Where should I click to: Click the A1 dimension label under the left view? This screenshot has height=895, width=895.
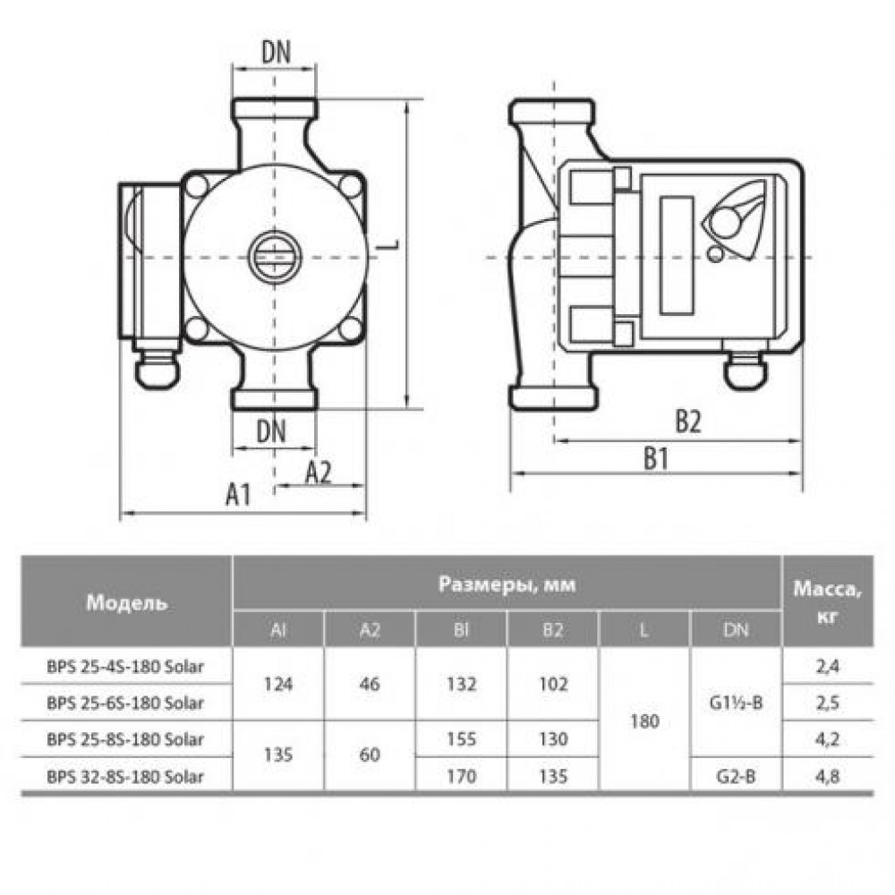pos(239,494)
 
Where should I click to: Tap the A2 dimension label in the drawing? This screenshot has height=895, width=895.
pos(318,472)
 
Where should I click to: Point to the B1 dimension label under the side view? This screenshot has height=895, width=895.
pos(656,458)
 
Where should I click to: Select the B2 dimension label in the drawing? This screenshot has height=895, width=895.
pos(687,422)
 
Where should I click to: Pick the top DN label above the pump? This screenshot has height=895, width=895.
pos(276,53)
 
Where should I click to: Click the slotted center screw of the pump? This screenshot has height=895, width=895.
pos(275,258)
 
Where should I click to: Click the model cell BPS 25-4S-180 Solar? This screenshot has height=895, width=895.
pos(125,666)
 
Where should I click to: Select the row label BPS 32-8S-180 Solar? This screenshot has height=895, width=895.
pos(125,776)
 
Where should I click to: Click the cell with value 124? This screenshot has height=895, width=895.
pos(278,684)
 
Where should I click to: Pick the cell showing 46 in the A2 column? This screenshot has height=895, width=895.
pos(370,684)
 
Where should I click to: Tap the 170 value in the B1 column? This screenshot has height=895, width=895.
pos(461,776)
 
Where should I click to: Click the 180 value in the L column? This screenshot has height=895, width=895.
pos(645,721)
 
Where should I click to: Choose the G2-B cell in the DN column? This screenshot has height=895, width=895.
pos(737,776)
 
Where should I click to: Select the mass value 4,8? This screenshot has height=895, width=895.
pos(828,776)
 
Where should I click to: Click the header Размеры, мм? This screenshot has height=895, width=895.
pos(507,584)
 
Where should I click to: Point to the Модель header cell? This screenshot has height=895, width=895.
pos(127,602)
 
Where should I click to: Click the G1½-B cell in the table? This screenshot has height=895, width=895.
pos(737,703)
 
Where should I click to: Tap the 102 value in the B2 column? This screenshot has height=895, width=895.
pos(553,684)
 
